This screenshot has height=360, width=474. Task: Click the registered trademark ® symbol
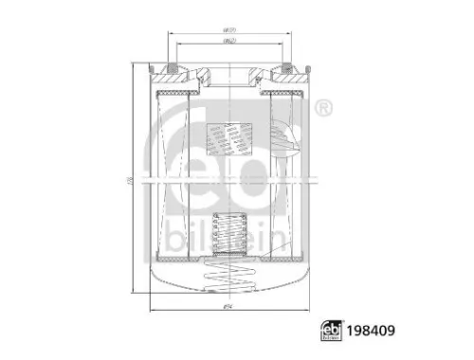324,110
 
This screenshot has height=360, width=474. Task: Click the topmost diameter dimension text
228,30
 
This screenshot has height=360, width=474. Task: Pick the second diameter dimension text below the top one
228,43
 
